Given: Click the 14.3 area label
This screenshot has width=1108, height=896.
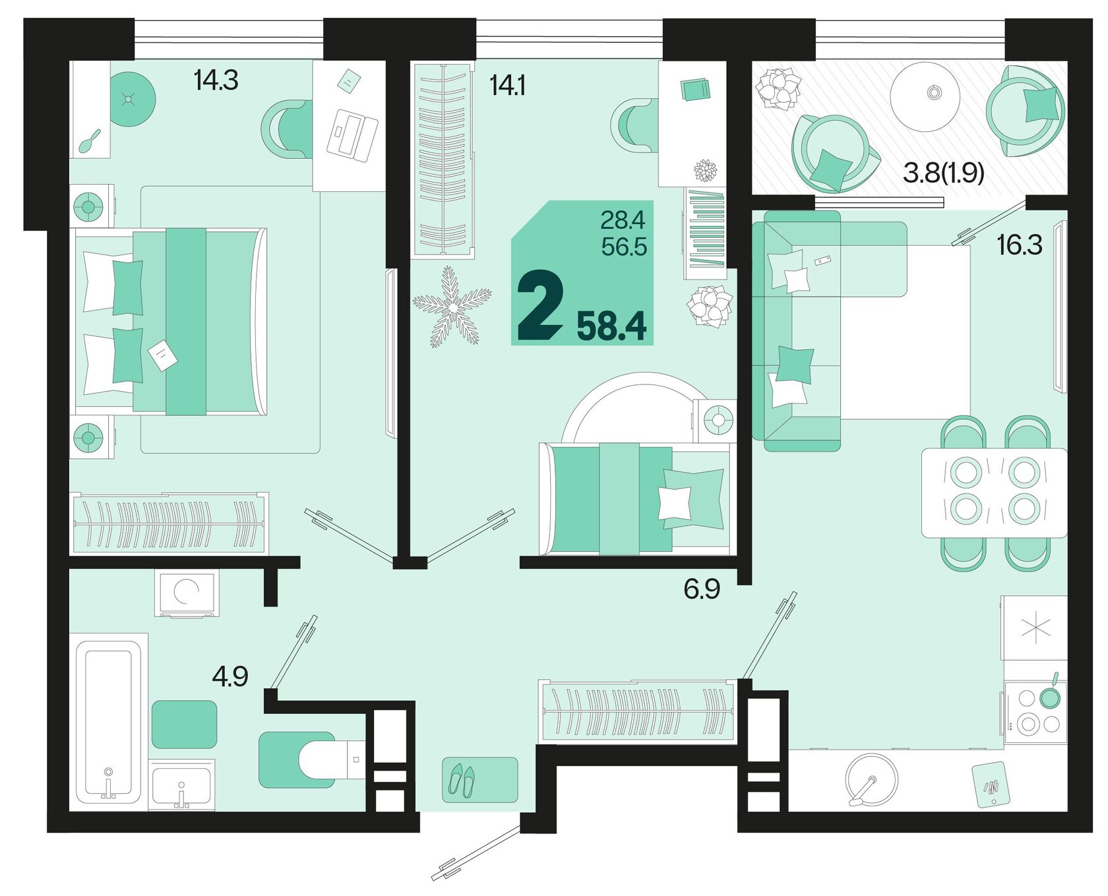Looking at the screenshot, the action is point(216,80).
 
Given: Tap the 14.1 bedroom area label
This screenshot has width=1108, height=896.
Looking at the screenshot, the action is point(507,86).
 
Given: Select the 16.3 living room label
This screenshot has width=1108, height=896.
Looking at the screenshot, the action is point(1020,245).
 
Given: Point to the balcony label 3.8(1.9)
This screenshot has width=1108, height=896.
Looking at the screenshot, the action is point(943,173).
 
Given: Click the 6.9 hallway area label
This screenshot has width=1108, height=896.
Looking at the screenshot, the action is point(702,589).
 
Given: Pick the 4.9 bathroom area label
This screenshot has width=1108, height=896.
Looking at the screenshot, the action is point(230,676).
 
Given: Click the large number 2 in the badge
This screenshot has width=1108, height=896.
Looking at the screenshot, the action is point(540,308).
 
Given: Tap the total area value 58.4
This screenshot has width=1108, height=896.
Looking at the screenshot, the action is point(611,326).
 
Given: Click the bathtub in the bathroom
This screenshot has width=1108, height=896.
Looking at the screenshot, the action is point(108,719).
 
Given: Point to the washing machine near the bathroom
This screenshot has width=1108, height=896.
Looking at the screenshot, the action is point(187,593).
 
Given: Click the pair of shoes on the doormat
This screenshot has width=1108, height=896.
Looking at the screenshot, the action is point(462,779).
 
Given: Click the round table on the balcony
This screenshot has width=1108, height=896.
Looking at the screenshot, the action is point(925,95).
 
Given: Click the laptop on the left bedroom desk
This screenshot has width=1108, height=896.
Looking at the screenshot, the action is point(352,134).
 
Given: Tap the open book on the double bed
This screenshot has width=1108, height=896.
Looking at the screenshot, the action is point(162,357).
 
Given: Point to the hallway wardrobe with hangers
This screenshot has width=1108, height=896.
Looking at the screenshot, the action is point(637,711).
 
